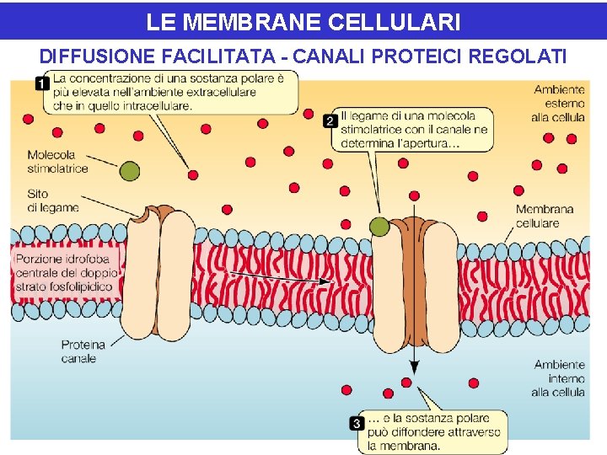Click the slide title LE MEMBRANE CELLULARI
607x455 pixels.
coord(303,22)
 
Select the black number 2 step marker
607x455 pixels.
coord(330,121)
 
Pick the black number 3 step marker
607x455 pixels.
coord(357,423)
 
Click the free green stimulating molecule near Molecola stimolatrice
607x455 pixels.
coord(129,171)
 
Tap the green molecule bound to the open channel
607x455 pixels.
coord(380,226)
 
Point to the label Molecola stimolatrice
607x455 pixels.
coord(56,161)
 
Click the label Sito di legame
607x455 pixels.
coord(52,201)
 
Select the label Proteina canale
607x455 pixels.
coord(83,351)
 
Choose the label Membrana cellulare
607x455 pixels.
coord(544,216)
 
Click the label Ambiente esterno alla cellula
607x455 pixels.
coord(558,103)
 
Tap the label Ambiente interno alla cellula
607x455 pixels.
coord(558,378)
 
